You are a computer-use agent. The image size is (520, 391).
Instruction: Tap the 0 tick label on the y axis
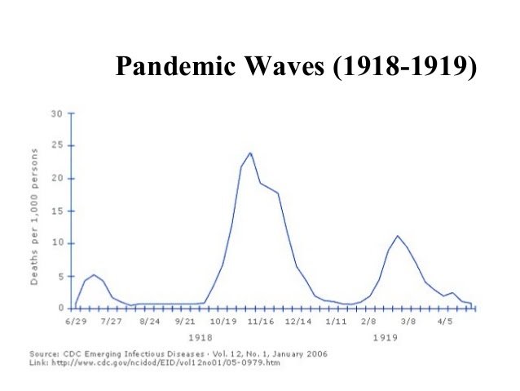pyautogui.click(x=60, y=308)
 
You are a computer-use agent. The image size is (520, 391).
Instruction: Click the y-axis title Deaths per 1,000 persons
pyautogui.click(x=35, y=216)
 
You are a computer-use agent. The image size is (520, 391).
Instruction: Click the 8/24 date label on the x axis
pyautogui.click(x=150, y=322)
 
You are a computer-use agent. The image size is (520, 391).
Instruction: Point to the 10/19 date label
pyautogui.click(x=224, y=322)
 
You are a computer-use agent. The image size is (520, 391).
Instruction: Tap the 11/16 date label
pyautogui.click(x=262, y=322)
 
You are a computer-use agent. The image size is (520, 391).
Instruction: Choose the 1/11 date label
pyautogui.click(x=336, y=322)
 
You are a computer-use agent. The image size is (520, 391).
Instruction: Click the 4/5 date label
pyautogui.click(x=447, y=322)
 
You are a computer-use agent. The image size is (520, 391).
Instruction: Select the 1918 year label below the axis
pyautogui.click(x=201, y=336)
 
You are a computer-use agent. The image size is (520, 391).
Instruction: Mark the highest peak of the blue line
pyautogui.click(x=250, y=153)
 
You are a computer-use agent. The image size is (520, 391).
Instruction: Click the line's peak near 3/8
pyautogui.click(x=397, y=236)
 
